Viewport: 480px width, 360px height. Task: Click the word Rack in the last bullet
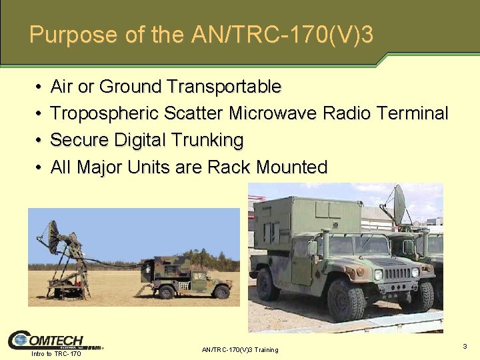click(x=230, y=167)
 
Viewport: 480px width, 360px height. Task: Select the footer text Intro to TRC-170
click(x=56, y=353)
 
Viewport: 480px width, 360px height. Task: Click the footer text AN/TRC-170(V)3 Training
click(x=239, y=350)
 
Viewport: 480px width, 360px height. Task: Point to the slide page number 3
click(x=465, y=346)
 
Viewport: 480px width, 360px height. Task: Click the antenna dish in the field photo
click(x=53, y=237)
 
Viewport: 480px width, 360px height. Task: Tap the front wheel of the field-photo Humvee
click(x=221, y=291)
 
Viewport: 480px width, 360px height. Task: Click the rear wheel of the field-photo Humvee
click(x=167, y=291)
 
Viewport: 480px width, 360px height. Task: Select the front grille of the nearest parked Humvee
click(x=397, y=273)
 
